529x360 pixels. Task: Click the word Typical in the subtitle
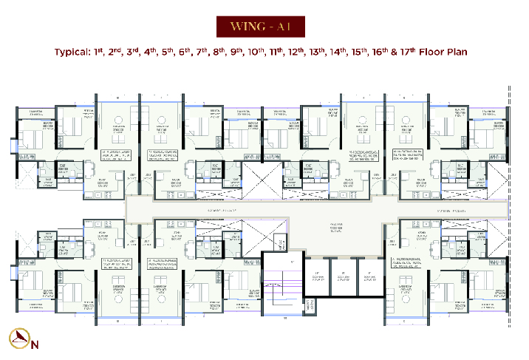click(75, 53)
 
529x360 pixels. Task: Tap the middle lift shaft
click(344, 278)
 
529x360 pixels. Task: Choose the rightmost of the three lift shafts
click(369, 278)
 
